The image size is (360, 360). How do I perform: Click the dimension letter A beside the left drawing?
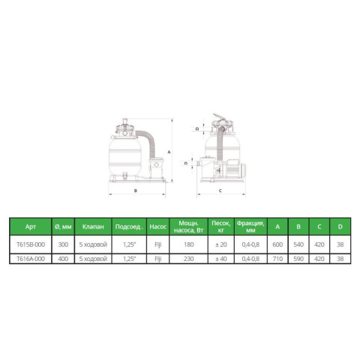(169, 152)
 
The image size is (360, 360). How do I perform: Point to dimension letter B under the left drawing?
(136, 190)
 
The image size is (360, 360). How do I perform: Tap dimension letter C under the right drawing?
(220, 190)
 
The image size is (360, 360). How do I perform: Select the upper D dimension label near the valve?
(197, 129)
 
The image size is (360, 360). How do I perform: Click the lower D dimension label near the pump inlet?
(186, 163)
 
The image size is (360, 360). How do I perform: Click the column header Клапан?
(93, 226)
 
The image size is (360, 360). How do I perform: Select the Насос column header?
(158, 226)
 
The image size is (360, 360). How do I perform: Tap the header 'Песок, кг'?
(221, 226)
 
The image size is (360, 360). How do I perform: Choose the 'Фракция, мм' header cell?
(250, 226)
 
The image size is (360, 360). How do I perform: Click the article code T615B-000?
(31, 244)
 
